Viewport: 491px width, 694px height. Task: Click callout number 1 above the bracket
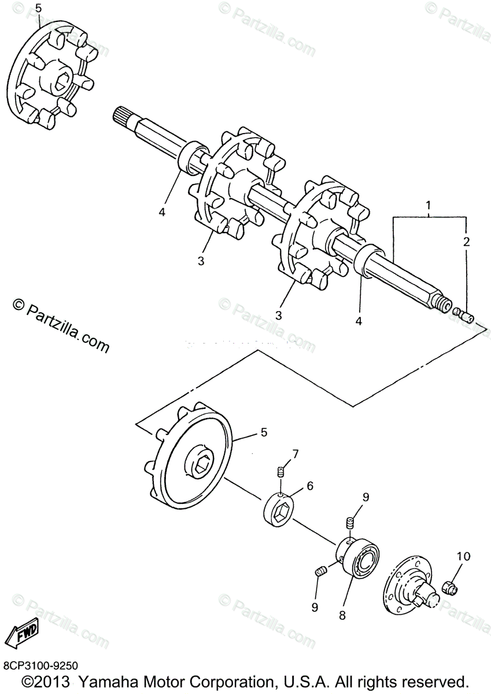point(428,205)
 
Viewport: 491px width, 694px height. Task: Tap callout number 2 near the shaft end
point(466,242)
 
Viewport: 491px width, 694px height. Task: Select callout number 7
point(295,453)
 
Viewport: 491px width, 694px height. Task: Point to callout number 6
point(310,486)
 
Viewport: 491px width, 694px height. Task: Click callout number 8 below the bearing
point(342,616)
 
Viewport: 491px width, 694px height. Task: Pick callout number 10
point(464,557)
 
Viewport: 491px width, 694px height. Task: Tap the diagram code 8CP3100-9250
point(40,666)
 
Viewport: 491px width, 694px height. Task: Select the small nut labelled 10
point(449,588)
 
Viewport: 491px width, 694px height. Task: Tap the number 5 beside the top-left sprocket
point(38,8)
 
